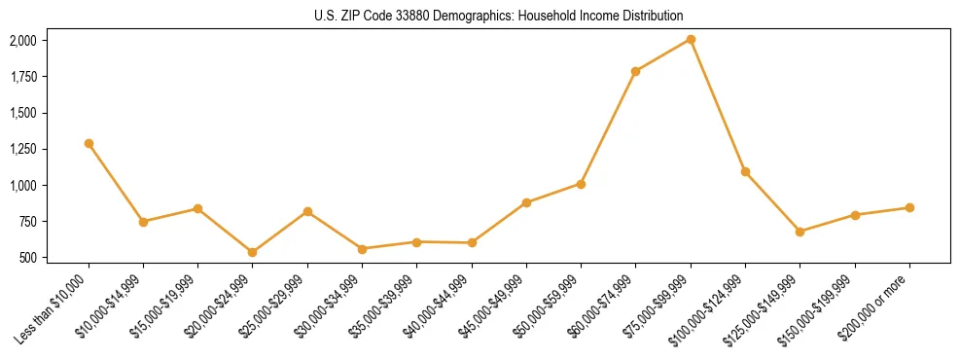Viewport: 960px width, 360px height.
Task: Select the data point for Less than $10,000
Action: [89, 143]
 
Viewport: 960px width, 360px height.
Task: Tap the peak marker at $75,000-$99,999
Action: [691, 39]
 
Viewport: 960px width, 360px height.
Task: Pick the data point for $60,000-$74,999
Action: [635, 71]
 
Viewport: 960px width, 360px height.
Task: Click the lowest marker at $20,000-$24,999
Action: [253, 252]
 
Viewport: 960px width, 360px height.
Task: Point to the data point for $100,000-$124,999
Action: [745, 171]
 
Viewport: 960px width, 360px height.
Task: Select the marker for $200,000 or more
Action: [909, 207]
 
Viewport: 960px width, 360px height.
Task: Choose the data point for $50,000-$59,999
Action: [581, 183]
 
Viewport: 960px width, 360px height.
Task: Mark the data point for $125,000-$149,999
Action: [800, 232]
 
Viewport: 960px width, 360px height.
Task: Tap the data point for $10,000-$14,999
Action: [143, 222]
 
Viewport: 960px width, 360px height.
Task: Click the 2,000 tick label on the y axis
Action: [22, 40]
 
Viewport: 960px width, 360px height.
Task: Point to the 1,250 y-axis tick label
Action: [22, 149]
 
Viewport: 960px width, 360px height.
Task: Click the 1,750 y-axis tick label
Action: [22, 77]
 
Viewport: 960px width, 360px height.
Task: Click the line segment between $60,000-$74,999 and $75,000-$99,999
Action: [663, 54]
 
